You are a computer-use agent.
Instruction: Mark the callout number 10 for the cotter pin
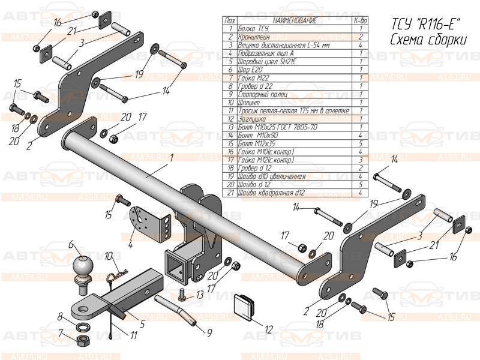109,256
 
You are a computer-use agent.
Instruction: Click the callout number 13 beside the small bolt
198,296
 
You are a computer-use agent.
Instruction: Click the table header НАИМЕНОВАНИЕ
286,20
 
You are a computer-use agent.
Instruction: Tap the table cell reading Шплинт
249,103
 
